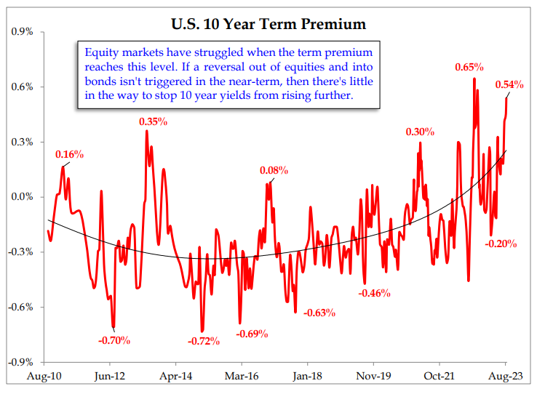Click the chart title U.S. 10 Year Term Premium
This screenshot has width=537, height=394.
coord(268,25)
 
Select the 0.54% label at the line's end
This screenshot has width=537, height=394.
coord(509,85)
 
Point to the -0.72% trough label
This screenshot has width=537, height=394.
coord(203,341)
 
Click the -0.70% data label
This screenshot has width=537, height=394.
coord(114,339)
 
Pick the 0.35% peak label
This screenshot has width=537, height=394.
coord(154,120)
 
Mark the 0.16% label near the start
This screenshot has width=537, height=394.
coord(70,154)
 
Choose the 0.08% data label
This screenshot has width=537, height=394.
coord(274,171)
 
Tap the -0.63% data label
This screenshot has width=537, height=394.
coord(320,313)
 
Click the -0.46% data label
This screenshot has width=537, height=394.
coord(375,294)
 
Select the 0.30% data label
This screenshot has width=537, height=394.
coord(420,132)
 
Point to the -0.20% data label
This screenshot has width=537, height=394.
coord(501,244)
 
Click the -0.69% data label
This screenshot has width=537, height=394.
coord(252,334)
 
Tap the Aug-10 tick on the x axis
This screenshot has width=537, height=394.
coord(44,377)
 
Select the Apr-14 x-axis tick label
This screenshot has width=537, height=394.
coord(175,377)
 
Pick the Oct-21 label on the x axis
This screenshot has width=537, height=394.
coord(439,377)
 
